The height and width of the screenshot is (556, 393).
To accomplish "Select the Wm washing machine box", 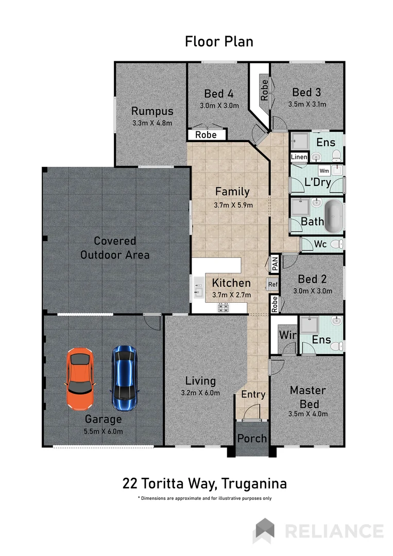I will pos(324,170).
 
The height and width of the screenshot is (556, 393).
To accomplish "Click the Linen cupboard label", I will pos(299,157).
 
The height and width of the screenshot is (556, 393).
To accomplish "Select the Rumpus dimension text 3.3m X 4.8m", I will pos(151,123).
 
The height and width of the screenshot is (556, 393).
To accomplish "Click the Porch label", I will pos(252,438).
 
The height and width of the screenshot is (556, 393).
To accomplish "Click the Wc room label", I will pos(320,244).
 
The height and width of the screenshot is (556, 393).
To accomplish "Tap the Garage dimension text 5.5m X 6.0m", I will pos(104,431).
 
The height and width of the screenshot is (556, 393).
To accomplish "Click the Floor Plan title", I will pos(219,41).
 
